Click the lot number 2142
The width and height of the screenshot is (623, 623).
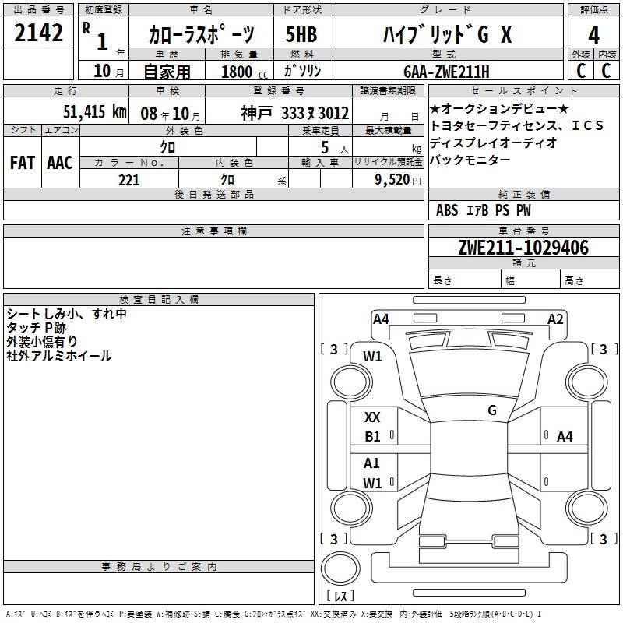39,33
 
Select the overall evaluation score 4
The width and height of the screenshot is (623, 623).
593,36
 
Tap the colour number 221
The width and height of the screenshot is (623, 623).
128,180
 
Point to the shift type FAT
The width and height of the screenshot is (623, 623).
22,163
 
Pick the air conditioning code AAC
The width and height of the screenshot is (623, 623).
59,163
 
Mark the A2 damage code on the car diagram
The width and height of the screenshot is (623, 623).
555,319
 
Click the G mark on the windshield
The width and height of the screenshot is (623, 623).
491,410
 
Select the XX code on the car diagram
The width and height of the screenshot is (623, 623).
372,418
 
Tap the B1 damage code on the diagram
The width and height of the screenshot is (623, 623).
372,437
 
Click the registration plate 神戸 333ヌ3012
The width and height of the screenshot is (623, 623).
294,112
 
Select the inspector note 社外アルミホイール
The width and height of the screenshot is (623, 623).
59,356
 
